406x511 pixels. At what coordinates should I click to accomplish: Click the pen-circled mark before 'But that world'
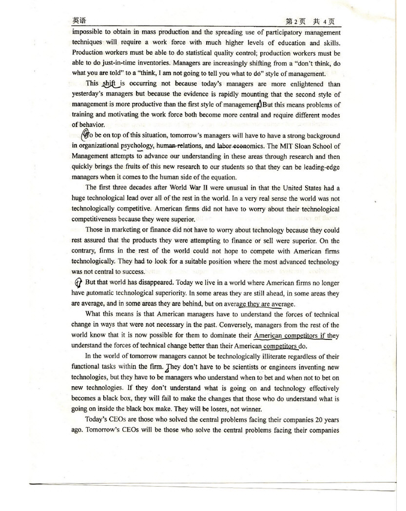tap(77, 282)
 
